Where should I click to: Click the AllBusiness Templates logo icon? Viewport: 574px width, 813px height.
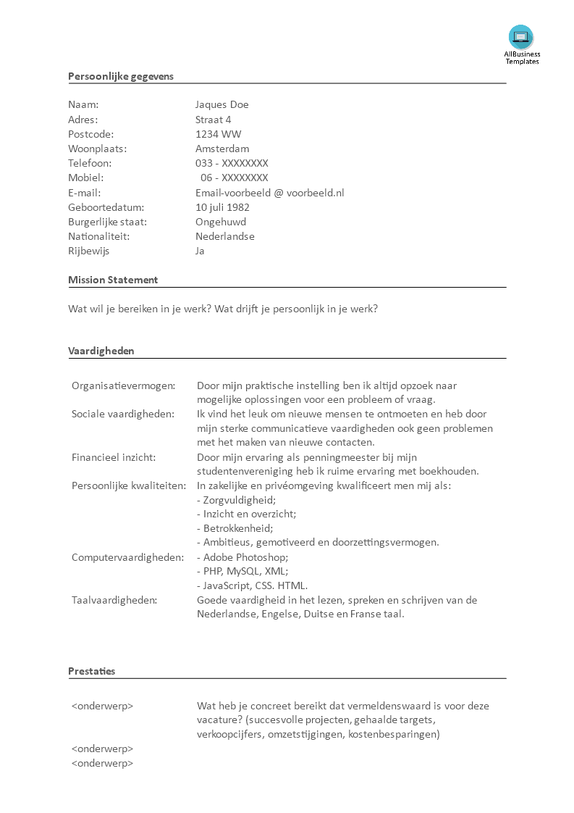pos(521,37)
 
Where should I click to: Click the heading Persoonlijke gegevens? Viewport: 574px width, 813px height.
pos(121,76)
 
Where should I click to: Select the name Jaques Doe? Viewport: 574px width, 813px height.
pos(221,105)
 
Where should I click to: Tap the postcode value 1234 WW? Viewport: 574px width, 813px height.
pos(218,134)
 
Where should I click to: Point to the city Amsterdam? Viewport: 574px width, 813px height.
pos(222,149)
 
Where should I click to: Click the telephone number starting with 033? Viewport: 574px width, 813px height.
pos(232,163)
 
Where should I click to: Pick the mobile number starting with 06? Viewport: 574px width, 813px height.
pos(235,178)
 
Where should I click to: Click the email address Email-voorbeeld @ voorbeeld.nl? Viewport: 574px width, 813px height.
pos(269,193)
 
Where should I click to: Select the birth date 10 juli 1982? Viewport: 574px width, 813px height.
pos(222,207)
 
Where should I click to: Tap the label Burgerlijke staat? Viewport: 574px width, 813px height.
pos(107,222)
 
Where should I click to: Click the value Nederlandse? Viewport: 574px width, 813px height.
pos(224,236)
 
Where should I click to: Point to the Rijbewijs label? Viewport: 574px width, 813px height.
pos(89,251)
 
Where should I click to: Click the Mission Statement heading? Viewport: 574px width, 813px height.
pos(113,280)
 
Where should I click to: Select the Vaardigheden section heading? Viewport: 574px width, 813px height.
pos(101,351)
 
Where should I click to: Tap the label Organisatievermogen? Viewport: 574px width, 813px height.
pos(123,385)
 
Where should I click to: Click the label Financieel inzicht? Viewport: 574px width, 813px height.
pos(114,457)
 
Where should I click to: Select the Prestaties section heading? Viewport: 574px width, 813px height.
pos(91,671)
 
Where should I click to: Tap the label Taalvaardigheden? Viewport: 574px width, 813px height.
pos(114,600)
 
